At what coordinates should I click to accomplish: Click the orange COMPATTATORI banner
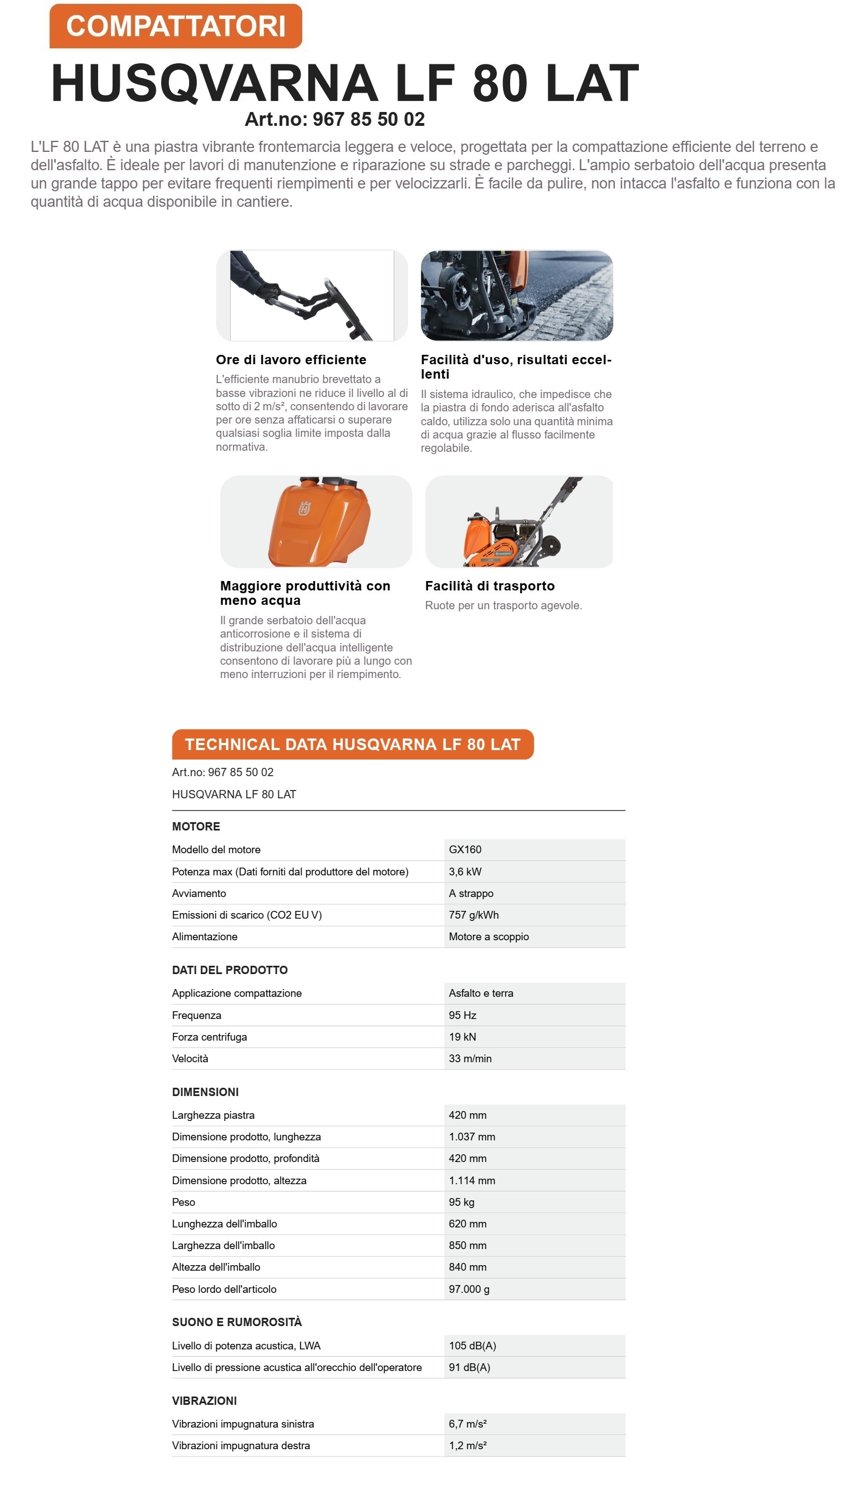[175, 27]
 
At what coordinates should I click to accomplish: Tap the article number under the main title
[334, 120]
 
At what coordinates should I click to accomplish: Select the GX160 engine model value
[465, 849]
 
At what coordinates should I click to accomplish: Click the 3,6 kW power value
[465, 872]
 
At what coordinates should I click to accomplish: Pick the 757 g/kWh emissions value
[474, 915]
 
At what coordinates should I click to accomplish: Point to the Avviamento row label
[199, 894]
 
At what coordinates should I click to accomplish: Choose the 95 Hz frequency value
[462, 1016]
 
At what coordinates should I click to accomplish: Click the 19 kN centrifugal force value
[462, 1037]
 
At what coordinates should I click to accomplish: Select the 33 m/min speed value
[470, 1059]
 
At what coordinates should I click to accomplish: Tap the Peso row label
[184, 1202]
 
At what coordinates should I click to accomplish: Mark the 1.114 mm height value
[471, 1181]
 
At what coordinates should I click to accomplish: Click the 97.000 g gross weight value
[469, 1289]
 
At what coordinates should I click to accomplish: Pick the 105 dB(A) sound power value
[472, 1346]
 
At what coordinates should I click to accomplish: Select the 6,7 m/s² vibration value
[467, 1424]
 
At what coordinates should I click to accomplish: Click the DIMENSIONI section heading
[205, 1092]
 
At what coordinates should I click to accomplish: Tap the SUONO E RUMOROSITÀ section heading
[236, 1322]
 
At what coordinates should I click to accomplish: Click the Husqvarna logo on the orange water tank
[304, 508]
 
